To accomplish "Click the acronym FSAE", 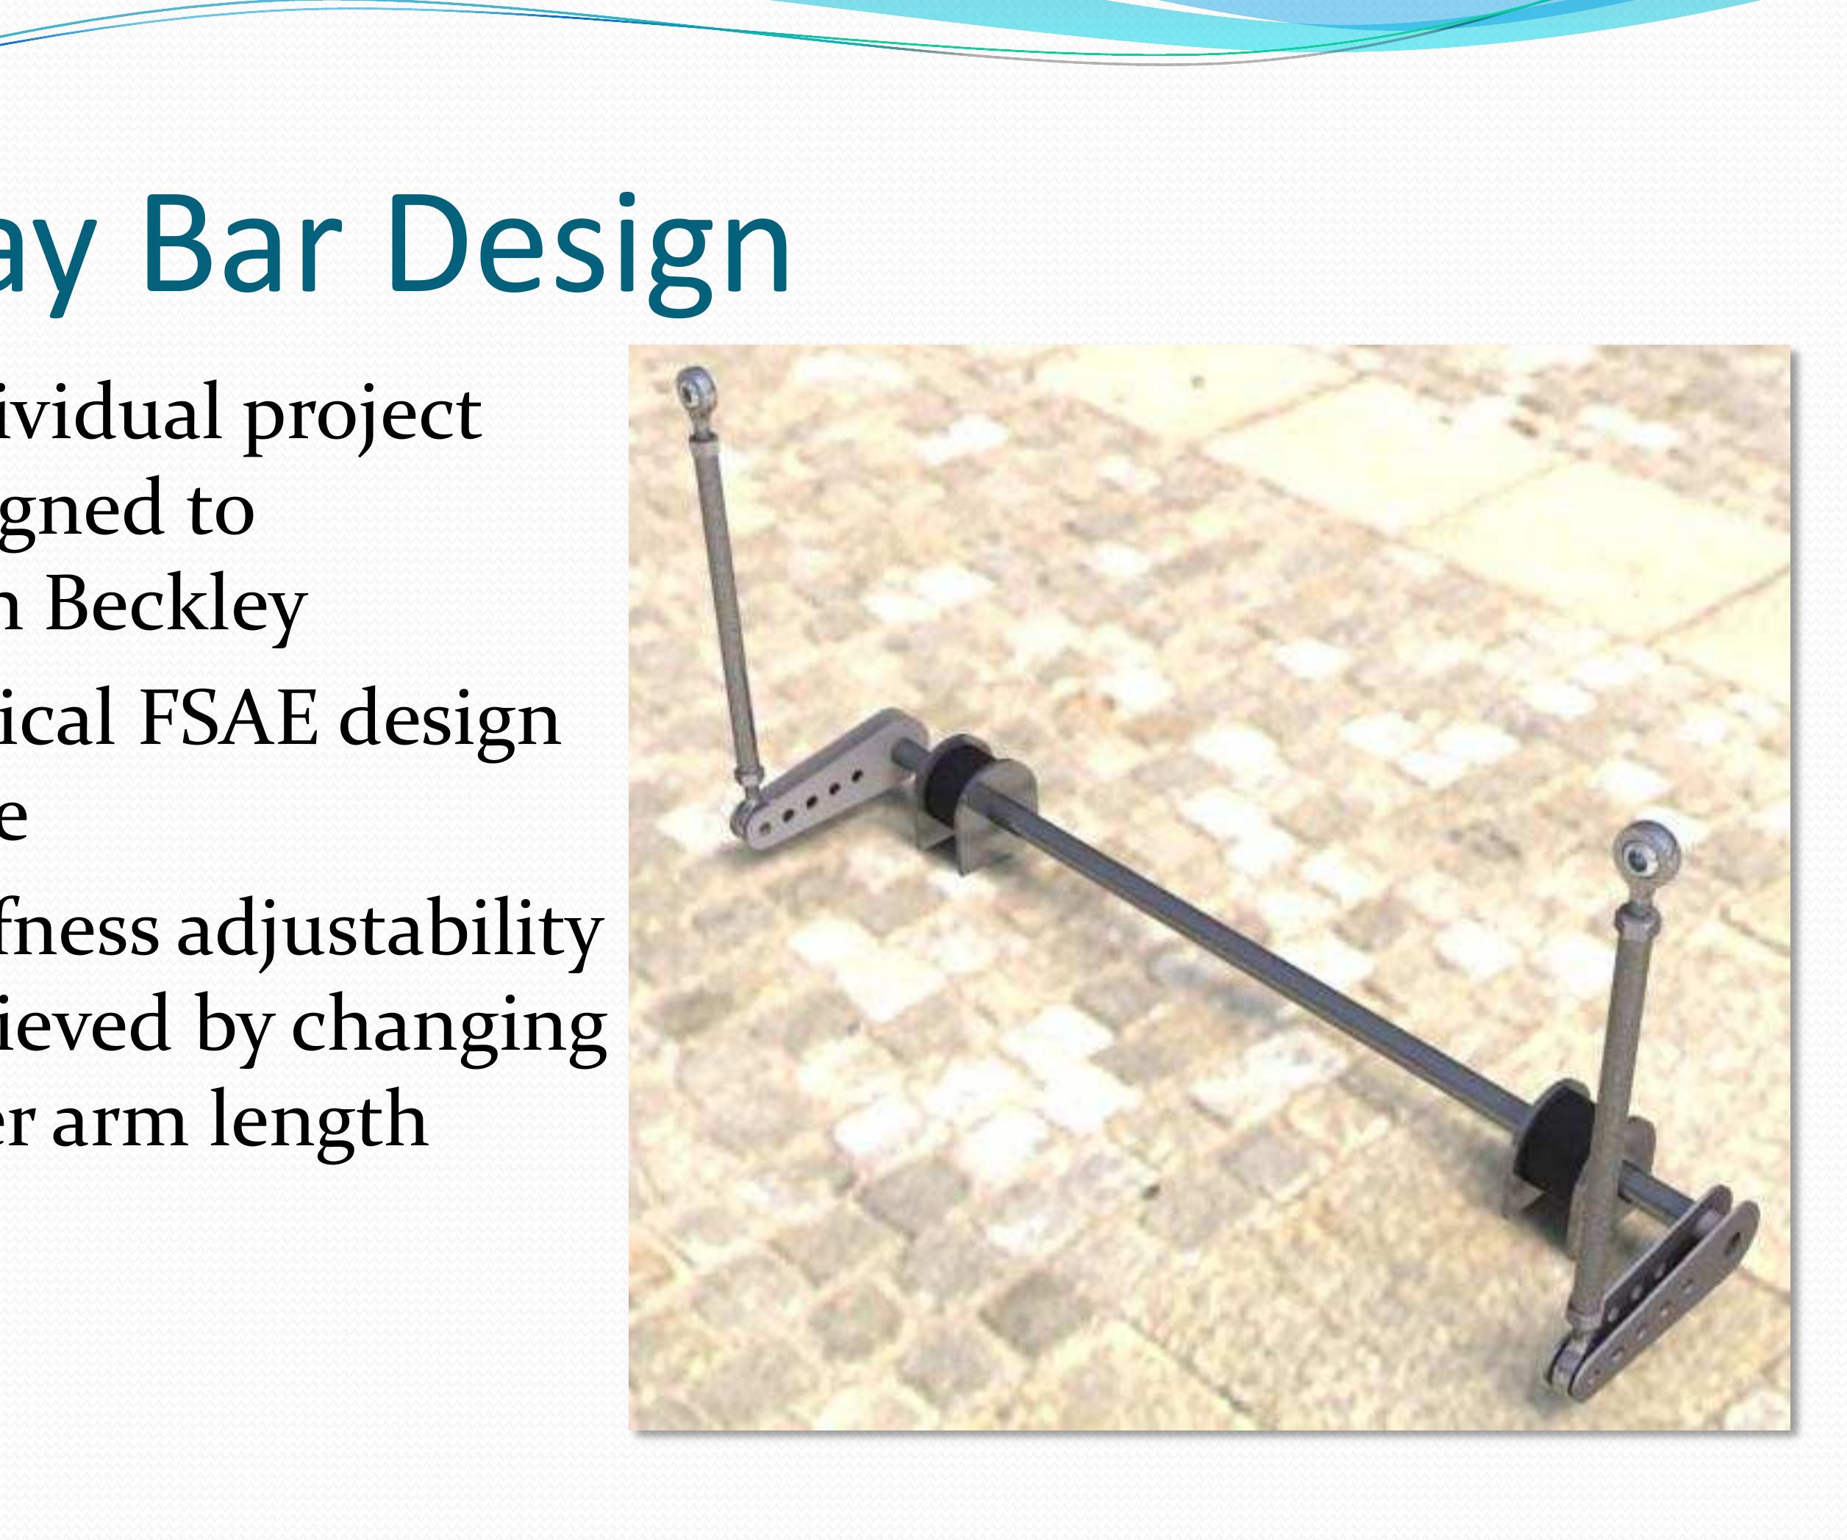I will tap(229, 719).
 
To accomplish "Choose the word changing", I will tap(449, 1026).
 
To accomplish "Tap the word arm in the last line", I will tap(118, 1121).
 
